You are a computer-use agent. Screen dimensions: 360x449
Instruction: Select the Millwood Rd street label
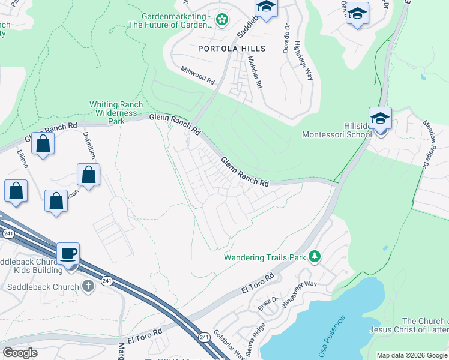point(198,75)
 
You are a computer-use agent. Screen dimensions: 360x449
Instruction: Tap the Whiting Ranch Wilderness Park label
point(116,113)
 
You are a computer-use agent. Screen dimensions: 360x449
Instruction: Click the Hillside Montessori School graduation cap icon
point(380,118)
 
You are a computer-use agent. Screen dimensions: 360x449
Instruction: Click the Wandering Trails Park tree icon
point(313,257)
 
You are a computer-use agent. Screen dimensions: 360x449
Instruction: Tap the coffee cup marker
point(68,253)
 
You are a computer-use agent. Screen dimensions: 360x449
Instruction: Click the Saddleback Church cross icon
point(88,286)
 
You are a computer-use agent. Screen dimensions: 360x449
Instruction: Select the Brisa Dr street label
point(268,304)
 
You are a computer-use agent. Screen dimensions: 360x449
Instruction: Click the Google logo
point(20,352)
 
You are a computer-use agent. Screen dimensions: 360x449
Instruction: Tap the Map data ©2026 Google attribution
point(412,355)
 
